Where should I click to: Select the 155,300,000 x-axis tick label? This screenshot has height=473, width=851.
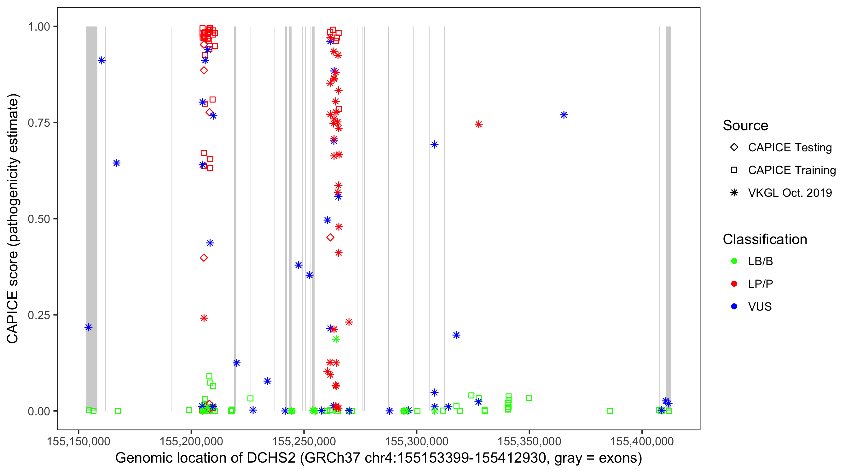[x=417, y=441]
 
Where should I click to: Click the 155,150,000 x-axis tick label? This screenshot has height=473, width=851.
[x=78, y=441]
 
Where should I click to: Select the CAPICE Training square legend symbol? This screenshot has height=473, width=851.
[x=734, y=170]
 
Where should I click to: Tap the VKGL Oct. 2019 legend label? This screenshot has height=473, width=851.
[x=790, y=193]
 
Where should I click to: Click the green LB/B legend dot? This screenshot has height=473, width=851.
[x=734, y=261]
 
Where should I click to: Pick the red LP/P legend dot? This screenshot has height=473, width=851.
[x=734, y=284]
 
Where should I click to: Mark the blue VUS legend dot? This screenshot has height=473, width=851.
[x=734, y=307]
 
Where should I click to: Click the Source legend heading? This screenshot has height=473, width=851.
[x=745, y=126]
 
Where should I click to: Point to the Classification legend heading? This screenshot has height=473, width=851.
[x=765, y=239]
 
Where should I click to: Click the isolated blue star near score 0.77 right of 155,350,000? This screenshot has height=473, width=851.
[x=564, y=115]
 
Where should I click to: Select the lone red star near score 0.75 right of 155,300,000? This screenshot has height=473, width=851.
[x=479, y=124]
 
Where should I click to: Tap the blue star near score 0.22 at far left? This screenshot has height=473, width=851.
[x=88, y=327]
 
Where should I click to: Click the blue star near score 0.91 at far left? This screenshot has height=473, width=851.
[x=102, y=61]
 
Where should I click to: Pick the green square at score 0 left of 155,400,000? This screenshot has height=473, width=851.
[x=610, y=411]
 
